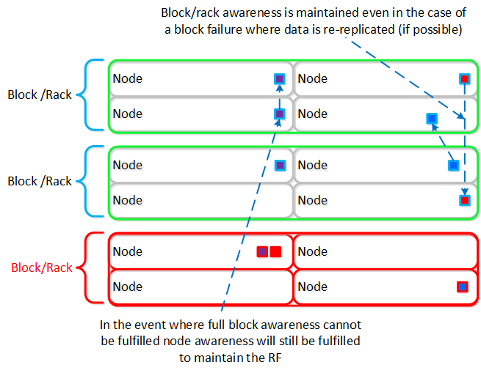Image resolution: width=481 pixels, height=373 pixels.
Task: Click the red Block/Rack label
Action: pos(42,267)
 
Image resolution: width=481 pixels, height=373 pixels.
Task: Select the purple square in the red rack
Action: pos(262,252)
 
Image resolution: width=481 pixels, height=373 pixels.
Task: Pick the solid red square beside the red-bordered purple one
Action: pos(275,252)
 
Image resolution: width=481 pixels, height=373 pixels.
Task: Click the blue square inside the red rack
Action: pos(462,287)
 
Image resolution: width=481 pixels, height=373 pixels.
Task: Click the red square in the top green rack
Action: pos(464,78)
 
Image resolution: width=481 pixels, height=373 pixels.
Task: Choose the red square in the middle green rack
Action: pos(464,199)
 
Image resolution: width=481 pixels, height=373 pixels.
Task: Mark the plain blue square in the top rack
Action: pos(432,118)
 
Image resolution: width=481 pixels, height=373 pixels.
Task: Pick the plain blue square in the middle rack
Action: pos(453,166)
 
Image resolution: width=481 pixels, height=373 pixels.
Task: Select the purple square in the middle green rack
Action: pos(279,165)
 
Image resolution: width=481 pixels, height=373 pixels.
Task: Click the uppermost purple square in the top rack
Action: pos(279,78)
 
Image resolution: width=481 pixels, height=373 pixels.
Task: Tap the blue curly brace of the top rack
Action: pos(90,95)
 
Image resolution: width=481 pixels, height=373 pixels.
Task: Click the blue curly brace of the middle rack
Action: pos(90,182)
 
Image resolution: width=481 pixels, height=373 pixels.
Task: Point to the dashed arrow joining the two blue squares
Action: pos(443,142)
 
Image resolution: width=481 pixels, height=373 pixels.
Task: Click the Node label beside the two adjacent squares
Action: pos(127,251)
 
